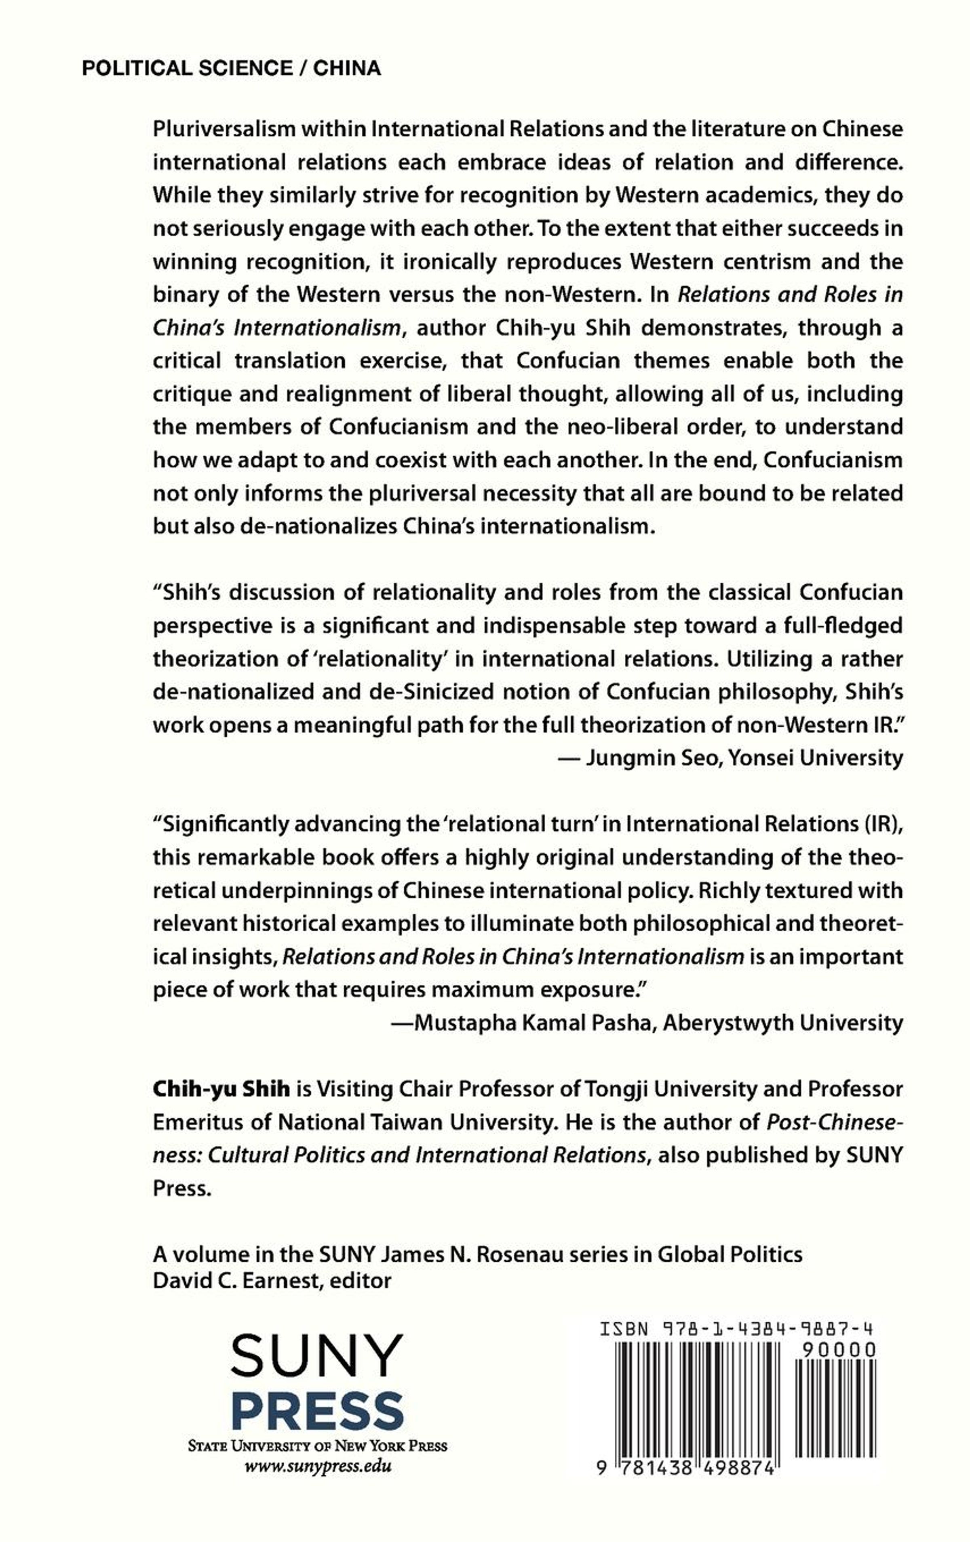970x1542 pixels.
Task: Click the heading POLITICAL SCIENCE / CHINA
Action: pos(231,69)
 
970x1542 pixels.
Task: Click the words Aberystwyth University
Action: pos(782,1023)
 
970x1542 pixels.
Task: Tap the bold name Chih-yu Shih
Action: pos(221,1089)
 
